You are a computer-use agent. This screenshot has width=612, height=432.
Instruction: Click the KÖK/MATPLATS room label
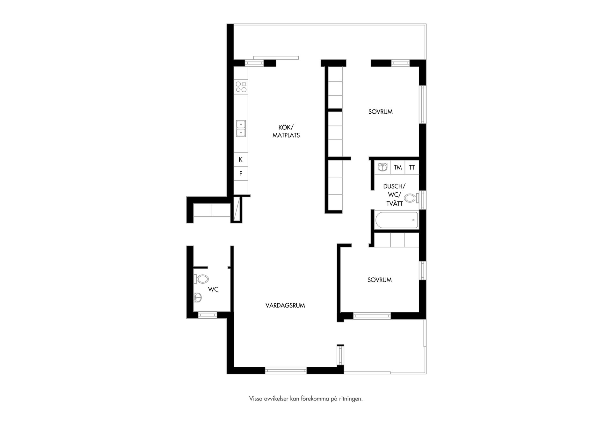click(286, 131)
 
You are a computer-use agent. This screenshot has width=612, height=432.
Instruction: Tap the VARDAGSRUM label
click(285, 306)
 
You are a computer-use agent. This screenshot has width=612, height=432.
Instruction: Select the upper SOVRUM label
click(380, 112)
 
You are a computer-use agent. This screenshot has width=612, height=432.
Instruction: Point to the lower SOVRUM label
click(379, 280)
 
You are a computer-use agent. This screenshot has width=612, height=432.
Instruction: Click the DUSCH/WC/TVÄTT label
click(394, 195)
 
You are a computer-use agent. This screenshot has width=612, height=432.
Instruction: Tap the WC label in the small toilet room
click(213, 289)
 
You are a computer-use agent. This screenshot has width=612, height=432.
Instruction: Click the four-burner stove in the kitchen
click(241, 87)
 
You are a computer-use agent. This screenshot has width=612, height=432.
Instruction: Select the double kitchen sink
click(241, 128)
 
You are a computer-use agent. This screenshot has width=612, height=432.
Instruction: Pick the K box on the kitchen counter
click(241, 159)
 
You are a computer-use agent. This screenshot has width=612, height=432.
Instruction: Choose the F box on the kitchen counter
click(241, 174)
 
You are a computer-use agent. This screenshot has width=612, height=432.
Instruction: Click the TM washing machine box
click(398, 167)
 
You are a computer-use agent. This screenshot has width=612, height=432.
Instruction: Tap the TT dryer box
click(412, 167)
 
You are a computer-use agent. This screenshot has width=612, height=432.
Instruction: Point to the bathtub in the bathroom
click(397, 220)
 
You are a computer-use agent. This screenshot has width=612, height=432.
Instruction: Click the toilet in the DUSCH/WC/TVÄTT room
click(412, 198)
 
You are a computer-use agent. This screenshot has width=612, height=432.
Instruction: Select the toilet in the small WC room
click(201, 279)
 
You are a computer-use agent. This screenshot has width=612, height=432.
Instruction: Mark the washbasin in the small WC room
click(198, 298)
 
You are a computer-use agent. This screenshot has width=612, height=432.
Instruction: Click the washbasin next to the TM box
click(382, 167)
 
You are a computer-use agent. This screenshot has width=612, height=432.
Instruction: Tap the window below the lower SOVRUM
click(372, 316)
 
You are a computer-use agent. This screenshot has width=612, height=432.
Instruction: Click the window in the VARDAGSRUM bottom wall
click(286, 371)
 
